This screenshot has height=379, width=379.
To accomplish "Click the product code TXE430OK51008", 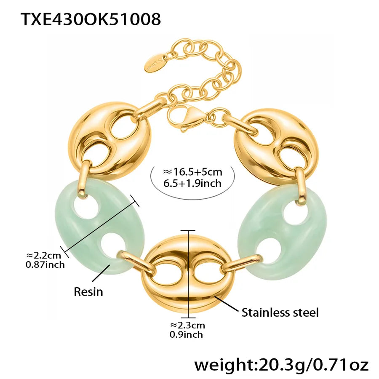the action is [91, 19].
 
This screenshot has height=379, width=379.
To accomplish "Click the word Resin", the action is [88, 292].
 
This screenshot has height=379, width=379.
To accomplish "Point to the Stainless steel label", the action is [280, 312].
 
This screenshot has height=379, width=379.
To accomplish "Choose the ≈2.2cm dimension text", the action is [43, 255].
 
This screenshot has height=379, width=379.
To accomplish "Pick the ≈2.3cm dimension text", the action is [187, 325].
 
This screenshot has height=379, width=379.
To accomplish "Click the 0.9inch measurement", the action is [186, 334].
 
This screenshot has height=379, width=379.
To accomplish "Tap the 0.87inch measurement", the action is [45, 265].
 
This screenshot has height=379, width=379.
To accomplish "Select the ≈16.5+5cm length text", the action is [192, 172].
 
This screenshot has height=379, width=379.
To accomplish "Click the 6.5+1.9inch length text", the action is [192, 183].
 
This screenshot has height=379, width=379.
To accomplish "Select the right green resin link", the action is [282, 232].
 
